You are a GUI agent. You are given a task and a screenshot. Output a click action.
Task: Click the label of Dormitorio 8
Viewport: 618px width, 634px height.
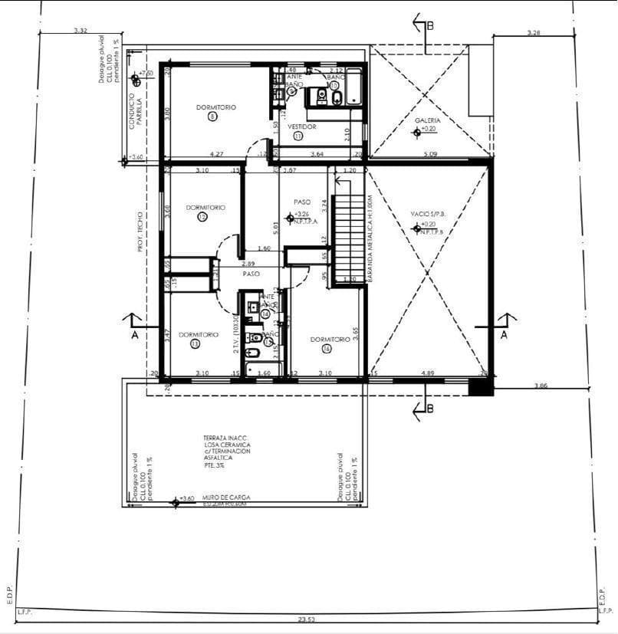point(215,107)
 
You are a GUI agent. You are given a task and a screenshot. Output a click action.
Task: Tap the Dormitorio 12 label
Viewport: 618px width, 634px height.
point(205,208)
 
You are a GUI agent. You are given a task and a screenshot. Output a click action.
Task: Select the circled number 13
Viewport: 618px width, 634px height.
point(195,345)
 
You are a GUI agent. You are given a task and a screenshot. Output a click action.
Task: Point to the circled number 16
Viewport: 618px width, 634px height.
point(327,349)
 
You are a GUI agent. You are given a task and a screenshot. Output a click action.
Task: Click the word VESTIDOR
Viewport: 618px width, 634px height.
point(301,126)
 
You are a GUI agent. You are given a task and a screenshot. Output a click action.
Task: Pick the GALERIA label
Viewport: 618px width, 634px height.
point(428,120)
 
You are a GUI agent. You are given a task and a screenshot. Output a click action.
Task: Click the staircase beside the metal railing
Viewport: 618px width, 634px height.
point(350,230)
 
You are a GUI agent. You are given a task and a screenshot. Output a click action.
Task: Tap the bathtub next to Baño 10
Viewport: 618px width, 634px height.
point(354,87)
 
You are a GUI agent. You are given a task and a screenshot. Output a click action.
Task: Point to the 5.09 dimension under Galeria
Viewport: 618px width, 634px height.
point(430,154)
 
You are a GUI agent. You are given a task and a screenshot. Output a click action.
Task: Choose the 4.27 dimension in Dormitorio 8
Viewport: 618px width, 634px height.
point(216,154)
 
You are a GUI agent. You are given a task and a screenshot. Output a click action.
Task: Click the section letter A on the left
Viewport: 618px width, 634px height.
point(134,335)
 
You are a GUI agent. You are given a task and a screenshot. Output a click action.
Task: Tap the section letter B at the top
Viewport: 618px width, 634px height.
point(431,25)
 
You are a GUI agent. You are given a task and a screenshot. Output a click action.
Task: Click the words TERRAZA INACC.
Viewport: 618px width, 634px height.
point(227,437)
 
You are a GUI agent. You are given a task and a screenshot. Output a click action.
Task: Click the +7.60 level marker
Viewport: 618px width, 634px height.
point(145,73)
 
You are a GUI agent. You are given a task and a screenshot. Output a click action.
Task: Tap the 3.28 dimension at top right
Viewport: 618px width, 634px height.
point(534,32)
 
